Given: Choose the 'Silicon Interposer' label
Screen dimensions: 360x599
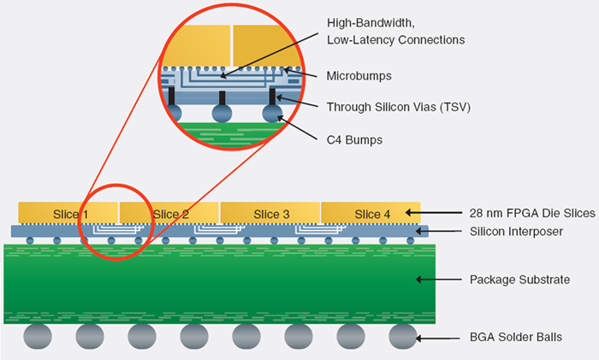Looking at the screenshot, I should pyautogui.click(x=515, y=231).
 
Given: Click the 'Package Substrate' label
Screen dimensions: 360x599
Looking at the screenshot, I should pyautogui.click(x=519, y=280).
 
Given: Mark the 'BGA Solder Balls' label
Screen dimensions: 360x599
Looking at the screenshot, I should pyautogui.click(x=516, y=338).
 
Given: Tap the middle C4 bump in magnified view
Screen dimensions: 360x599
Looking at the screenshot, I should pyautogui.click(x=222, y=114).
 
